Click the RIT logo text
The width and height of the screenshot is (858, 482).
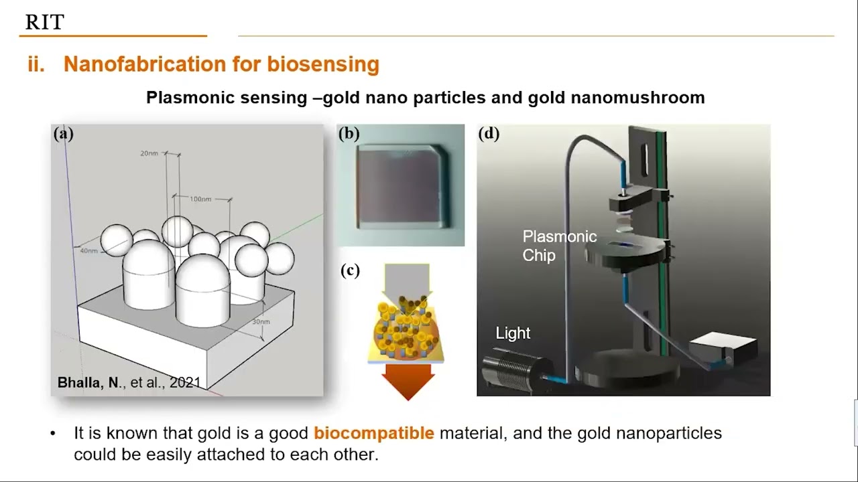coord(44,22)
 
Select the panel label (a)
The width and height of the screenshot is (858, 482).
coord(63,133)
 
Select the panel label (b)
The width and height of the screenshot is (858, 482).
coord(349,133)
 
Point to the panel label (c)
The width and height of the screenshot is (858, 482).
coord(350,270)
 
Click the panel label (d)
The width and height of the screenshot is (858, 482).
coord(489,133)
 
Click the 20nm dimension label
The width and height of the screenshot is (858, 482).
coord(149,153)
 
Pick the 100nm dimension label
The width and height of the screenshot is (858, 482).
coord(199,199)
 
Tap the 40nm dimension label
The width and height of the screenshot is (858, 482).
coord(88,251)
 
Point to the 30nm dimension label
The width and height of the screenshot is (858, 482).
coord(261,322)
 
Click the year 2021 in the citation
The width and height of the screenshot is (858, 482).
coord(185,383)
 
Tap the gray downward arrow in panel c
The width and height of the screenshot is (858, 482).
coord(408,278)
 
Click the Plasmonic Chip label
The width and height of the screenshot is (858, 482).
coord(559,246)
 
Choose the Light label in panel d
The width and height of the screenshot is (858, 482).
coord(513,333)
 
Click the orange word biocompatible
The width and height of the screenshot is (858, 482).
coord(374,433)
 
